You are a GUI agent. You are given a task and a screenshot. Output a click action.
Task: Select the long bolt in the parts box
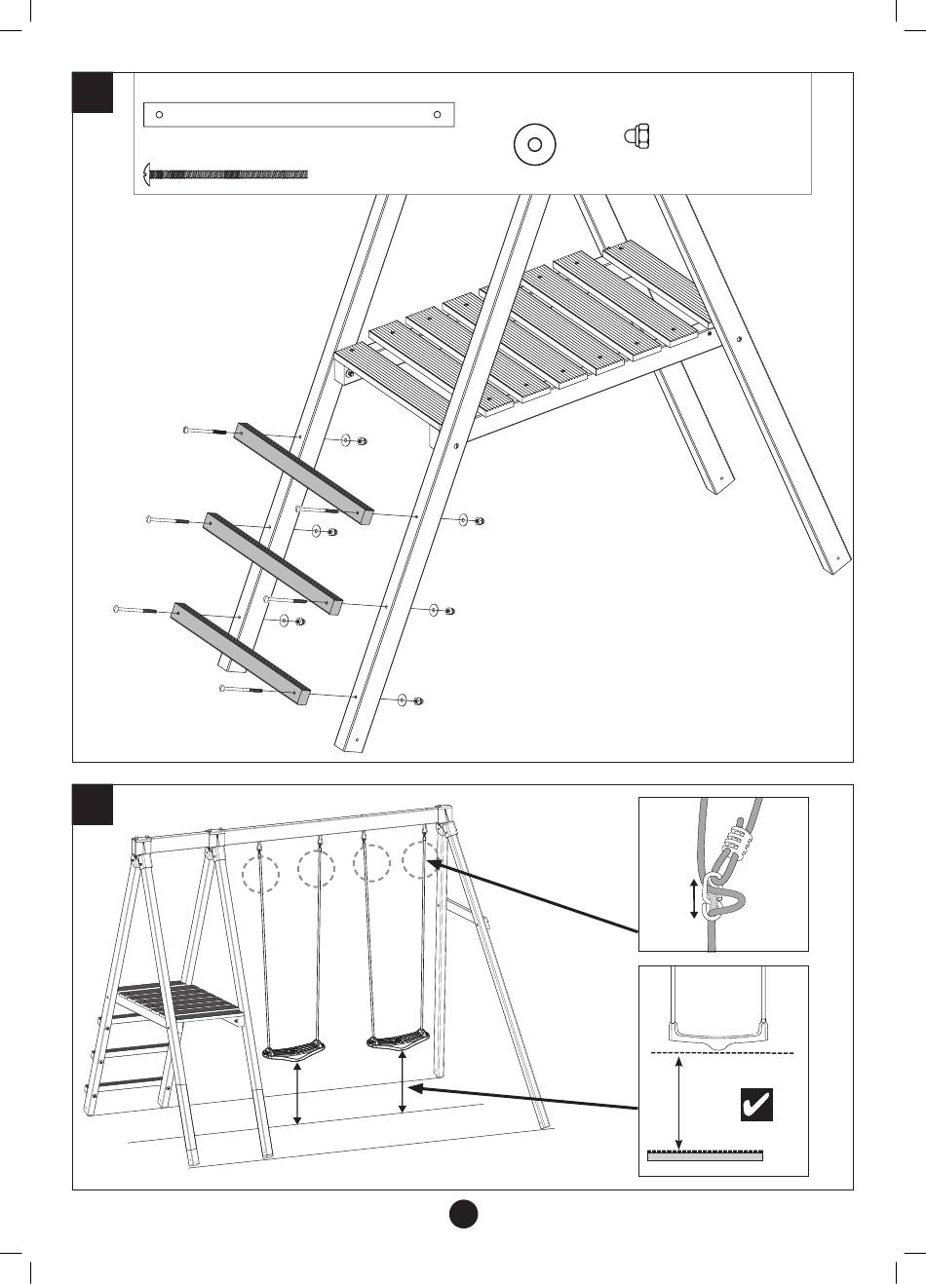coord(226,175)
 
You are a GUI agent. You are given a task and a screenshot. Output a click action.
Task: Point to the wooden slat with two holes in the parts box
coord(298,115)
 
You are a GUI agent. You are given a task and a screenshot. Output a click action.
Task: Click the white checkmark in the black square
coord(756,1105)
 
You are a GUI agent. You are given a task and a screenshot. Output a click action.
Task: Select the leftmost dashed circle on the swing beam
coord(260,874)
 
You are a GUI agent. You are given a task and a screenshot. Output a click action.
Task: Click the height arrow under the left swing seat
coord(297,1093)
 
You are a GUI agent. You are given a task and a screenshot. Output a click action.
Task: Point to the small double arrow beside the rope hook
coord(694,898)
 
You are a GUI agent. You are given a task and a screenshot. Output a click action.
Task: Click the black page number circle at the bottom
coord(463,1214)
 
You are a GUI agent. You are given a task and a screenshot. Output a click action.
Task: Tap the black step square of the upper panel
coord(94,93)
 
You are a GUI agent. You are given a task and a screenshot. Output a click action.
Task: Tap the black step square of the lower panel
coord(94,805)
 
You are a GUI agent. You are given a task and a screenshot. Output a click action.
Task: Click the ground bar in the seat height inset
coord(705,1156)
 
